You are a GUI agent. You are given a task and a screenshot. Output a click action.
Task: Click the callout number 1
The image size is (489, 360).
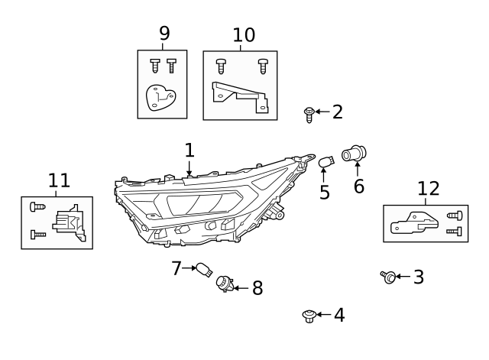tap(189, 151)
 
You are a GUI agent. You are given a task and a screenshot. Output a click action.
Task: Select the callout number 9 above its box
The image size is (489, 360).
tap(164, 34)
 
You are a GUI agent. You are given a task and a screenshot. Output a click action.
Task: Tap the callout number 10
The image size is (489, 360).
tap(244, 35)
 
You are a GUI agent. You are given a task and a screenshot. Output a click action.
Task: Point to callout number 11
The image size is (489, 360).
tap(59, 181)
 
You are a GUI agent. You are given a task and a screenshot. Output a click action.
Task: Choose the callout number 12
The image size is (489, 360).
tap(429, 189)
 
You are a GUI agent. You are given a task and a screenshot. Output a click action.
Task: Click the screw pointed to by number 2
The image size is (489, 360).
tap(309, 114)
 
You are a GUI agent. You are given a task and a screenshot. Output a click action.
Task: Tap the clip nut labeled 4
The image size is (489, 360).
tap(309, 315)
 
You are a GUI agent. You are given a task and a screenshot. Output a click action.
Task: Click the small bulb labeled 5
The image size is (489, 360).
tap(326, 161)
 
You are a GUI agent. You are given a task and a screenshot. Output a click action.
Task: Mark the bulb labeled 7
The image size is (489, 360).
tap(203, 269)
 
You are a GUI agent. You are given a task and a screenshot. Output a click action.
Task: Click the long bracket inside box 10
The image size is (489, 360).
tap(239, 97)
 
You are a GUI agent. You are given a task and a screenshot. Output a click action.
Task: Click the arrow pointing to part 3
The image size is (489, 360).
tap(403, 277)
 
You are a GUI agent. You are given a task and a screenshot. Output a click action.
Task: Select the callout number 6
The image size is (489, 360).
tap(358, 186)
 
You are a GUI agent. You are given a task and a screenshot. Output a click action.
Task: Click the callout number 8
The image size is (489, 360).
tap(257, 288)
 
